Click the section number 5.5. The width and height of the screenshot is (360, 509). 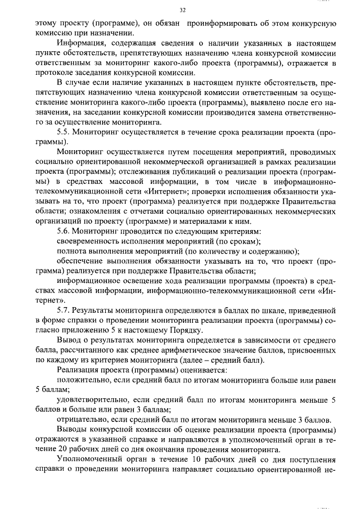tap(64, 132)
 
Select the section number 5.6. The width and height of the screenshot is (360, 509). tap(64, 231)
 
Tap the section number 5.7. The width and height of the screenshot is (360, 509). tap(64, 310)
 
